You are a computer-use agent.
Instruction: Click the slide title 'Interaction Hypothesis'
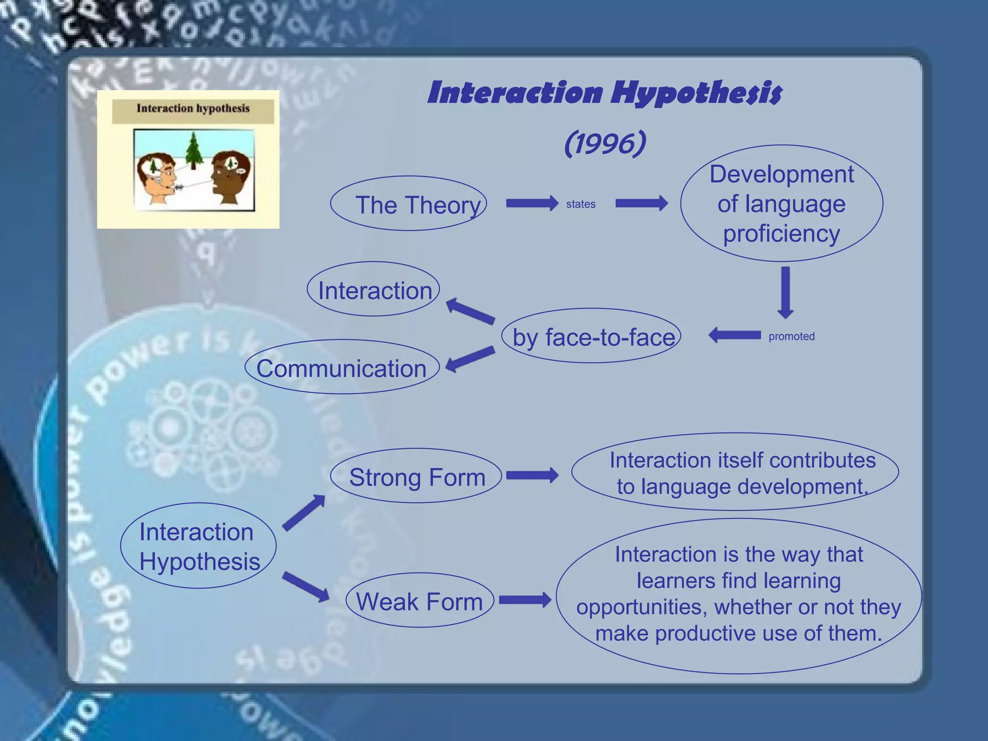point(604,93)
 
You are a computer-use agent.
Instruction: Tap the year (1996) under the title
point(605,143)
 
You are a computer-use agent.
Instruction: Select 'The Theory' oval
point(409,204)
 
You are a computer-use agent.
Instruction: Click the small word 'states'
point(580,204)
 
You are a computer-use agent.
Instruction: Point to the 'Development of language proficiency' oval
point(781,204)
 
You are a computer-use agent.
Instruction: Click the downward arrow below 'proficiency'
point(785,292)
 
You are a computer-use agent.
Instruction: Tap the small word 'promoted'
point(791,336)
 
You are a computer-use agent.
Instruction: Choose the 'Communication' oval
point(342,368)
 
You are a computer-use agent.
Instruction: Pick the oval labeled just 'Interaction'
point(374,289)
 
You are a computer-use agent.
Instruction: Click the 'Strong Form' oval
point(416,477)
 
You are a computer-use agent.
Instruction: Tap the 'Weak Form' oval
point(419,601)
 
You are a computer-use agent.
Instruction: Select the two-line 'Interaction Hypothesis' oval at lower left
point(198,546)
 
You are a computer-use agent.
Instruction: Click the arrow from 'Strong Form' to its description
point(532,476)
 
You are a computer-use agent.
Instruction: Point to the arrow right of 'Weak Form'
point(525,600)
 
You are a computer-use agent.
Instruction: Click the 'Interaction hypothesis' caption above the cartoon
point(193,109)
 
